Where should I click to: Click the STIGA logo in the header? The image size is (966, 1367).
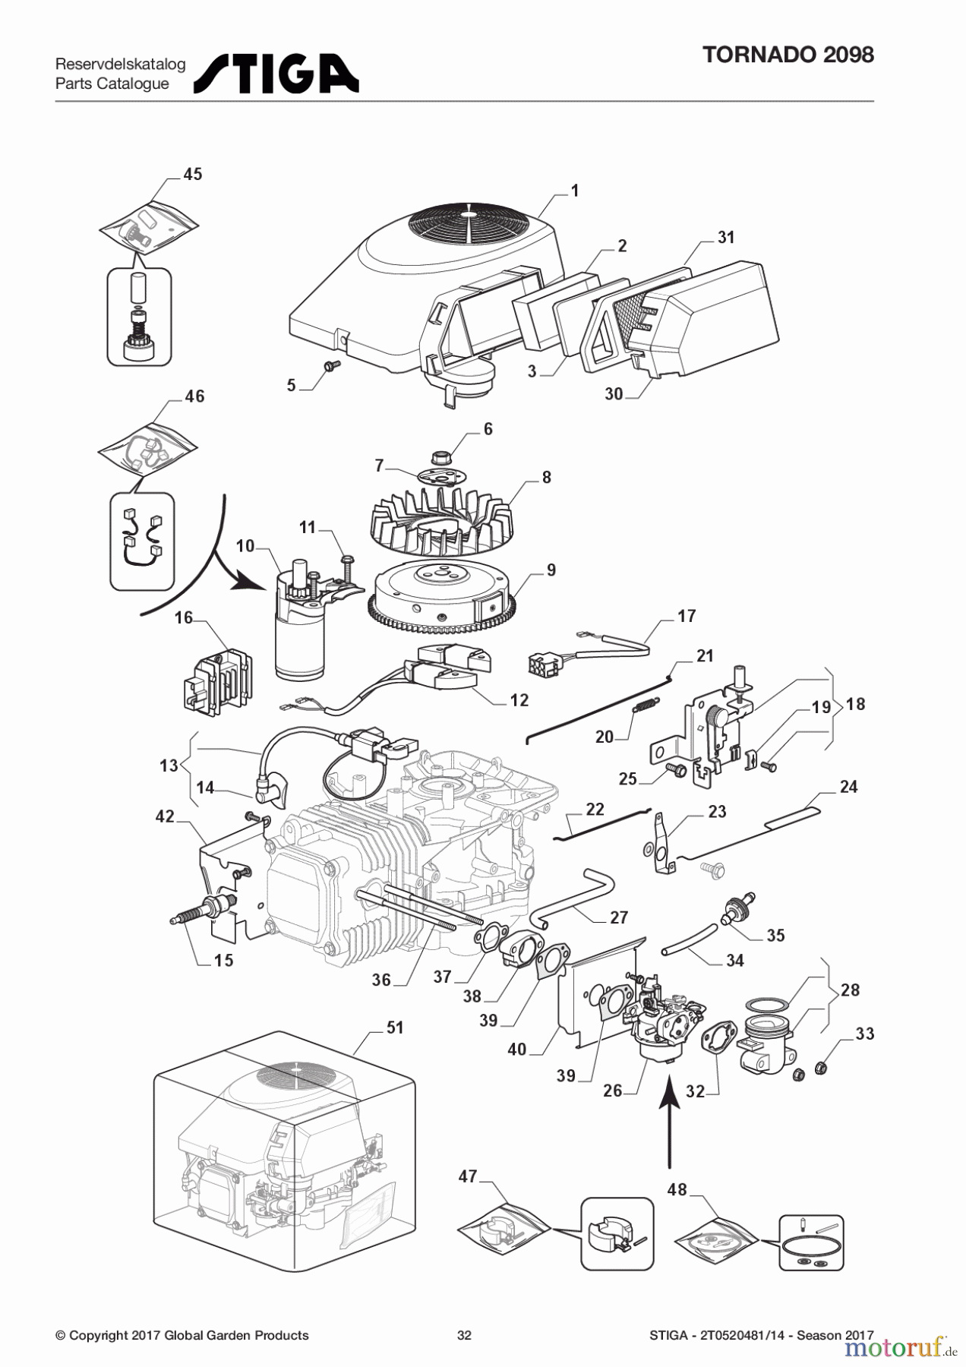pyautogui.click(x=276, y=74)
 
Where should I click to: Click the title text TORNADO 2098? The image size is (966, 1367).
pyautogui.click(x=788, y=55)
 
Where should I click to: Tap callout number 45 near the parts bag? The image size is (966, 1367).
pyautogui.click(x=193, y=174)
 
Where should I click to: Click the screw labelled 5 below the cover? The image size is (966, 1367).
pyautogui.click(x=331, y=367)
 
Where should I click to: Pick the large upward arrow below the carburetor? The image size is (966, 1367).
pyautogui.click(x=669, y=1125)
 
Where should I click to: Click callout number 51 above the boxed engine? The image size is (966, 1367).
pyautogui.click(x=395, y=1028)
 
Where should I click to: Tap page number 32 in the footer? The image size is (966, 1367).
pyautogui.click(x=464, y=1335)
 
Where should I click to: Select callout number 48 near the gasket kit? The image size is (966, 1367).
pyautogui.click(x=677, y=1189)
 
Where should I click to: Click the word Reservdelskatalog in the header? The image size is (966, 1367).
pyautogui.click(x=120, y=65)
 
